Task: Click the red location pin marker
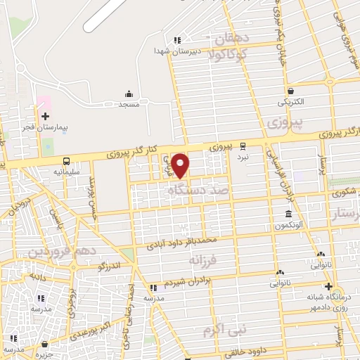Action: (181, 165)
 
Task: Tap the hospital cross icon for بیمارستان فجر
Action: (45, 116)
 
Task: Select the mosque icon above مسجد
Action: (129, 94)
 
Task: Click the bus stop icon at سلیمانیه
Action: (66, 160)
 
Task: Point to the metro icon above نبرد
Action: (243, 146)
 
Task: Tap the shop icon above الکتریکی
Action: (290, 91)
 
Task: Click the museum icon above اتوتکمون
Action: (288, 214)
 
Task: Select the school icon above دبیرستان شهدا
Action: (177, 40)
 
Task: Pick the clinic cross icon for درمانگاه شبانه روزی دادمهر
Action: (328, 286)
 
